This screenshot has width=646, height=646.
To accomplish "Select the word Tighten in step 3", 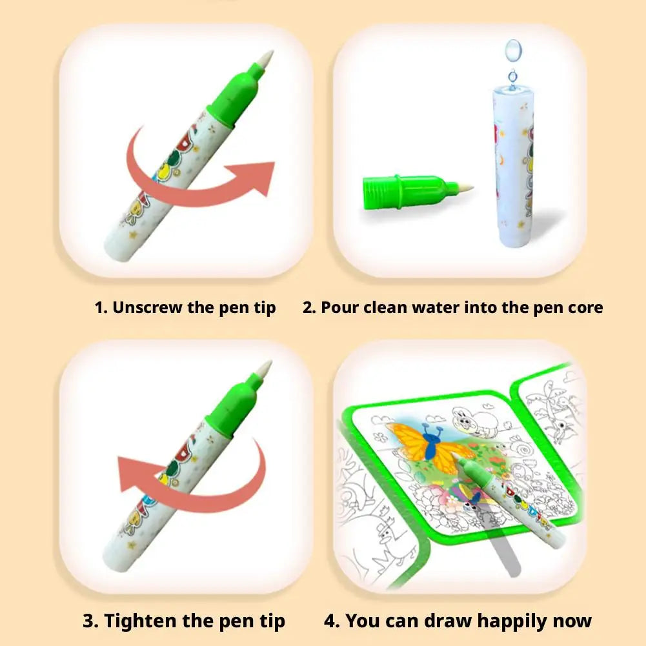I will [141, 621].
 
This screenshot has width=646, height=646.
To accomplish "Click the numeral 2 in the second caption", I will [308, 308].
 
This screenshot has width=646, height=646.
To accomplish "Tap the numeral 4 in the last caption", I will [331, 621].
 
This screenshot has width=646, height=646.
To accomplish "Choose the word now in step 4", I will [570, 621].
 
